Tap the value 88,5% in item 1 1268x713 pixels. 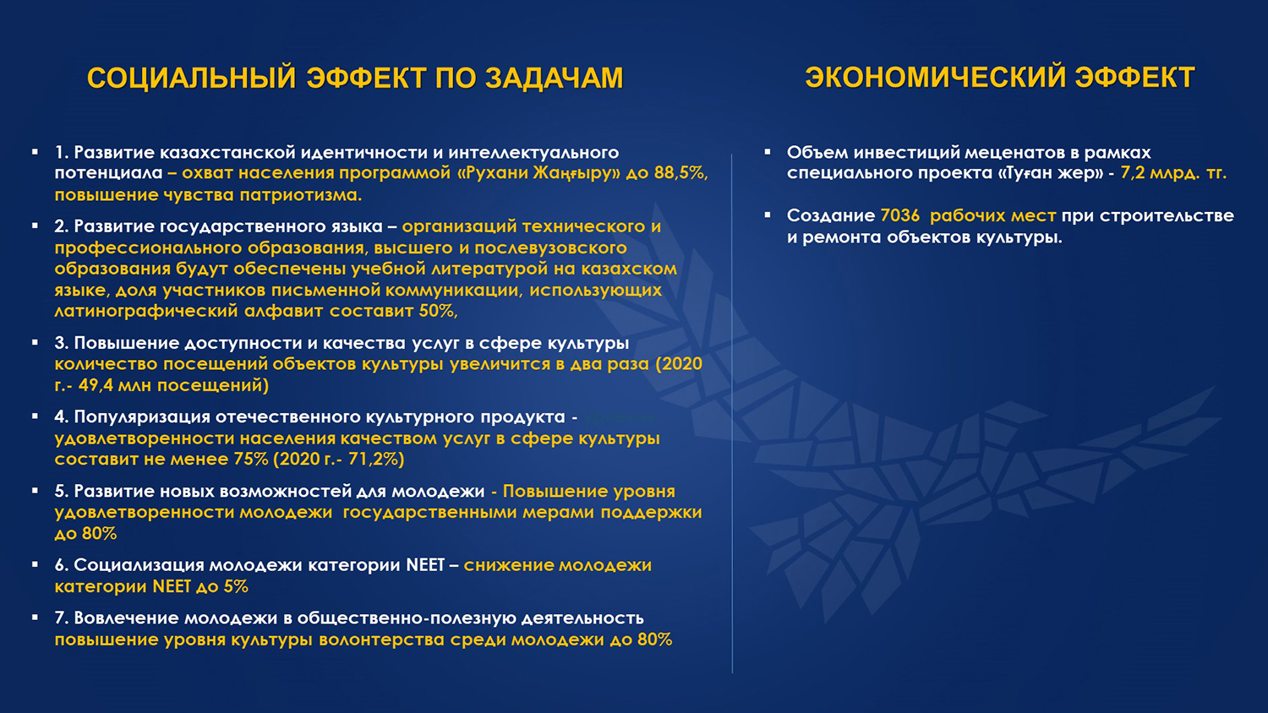pos(680,173)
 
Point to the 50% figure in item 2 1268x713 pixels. pos(438,311)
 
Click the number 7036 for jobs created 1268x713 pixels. pos(899,215)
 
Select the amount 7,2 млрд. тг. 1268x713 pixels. pos(1172,173)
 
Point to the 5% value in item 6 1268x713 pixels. pos(236,586)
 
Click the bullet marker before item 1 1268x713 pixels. pos(36,152)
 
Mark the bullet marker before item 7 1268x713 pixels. pos(36,618)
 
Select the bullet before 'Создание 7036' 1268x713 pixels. pos(768,215)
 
